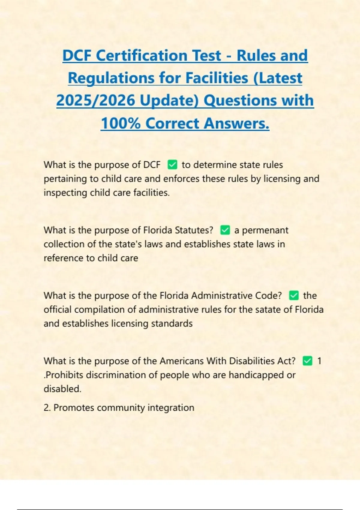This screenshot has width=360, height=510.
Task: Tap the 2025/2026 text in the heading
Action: [x=95, y=100]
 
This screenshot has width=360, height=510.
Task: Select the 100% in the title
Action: [x=120, y=123]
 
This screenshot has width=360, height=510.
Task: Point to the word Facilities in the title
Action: [x=217, y=78]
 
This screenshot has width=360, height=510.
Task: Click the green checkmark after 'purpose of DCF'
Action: [x=172, y=165]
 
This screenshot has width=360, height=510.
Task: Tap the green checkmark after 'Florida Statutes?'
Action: [x=225, y=230]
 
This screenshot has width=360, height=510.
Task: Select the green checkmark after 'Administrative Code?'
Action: [x=294, y=295]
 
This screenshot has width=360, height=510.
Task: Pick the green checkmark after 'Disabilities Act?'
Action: [x=307, y=361]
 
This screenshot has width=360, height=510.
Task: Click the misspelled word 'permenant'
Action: [x=265, y=230]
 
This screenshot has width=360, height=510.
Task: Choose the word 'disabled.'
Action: [x=62, y=389]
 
